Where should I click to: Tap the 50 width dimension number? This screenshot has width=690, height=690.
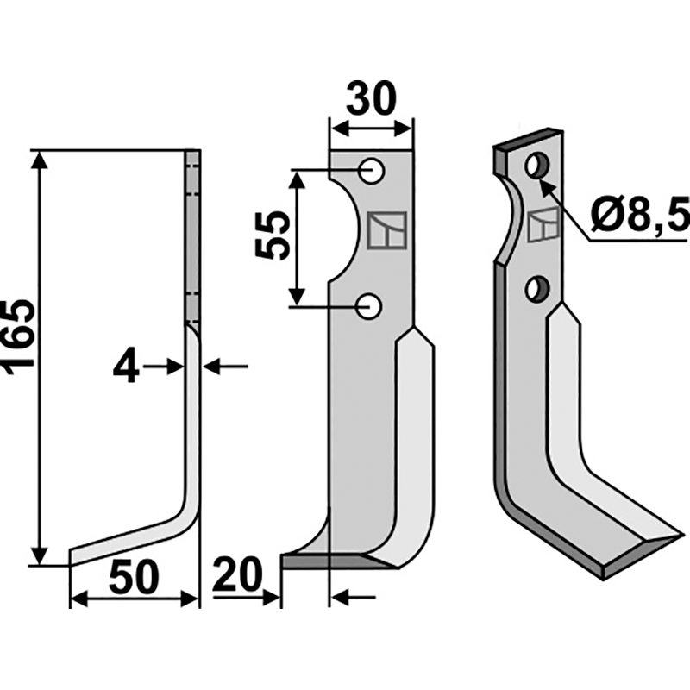134,577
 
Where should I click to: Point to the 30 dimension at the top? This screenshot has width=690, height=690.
371,98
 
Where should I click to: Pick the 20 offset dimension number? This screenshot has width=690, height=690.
238,575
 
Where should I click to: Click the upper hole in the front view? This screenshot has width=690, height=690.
372,171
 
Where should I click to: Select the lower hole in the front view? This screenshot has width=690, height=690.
369,306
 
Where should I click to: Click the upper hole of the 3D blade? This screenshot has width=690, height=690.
537,166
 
